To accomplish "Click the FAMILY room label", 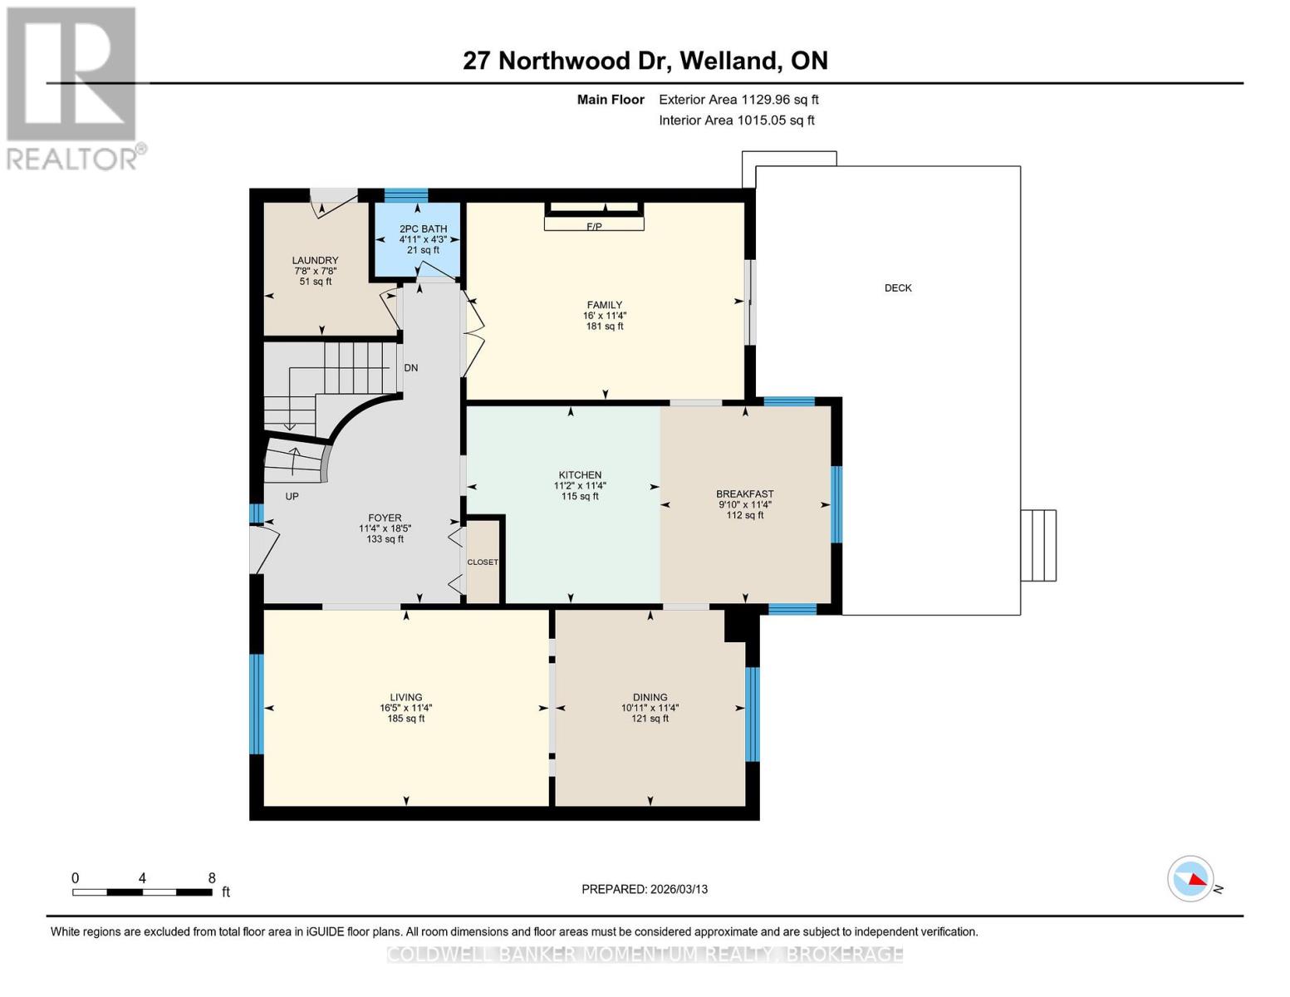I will (x=604, y=305).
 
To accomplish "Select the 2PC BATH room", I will (x=423, y=239).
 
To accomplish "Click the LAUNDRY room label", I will (x=315, y=260).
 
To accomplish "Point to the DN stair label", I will (x=411, y=368).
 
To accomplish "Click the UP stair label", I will (x=292, y=497).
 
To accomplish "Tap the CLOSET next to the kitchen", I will (x=483, y=562).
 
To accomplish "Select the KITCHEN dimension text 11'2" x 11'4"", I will (x=580, y=486).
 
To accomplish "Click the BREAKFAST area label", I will (x=745, y=494).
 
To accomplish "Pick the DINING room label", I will (x=650, y=697).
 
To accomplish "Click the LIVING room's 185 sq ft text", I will (x=405, y=719).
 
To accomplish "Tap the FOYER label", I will (x=385, y=518).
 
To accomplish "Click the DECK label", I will (x=897, y=288).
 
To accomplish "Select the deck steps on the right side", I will (x=1038, y=545).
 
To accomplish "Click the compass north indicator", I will (x=1191, y=879).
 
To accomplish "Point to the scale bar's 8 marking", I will (x=212, y=878).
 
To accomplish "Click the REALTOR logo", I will (x=72, y=87).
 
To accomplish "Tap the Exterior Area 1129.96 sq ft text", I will (x=738, y=100).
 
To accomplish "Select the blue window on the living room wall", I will (x=257, y=704).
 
